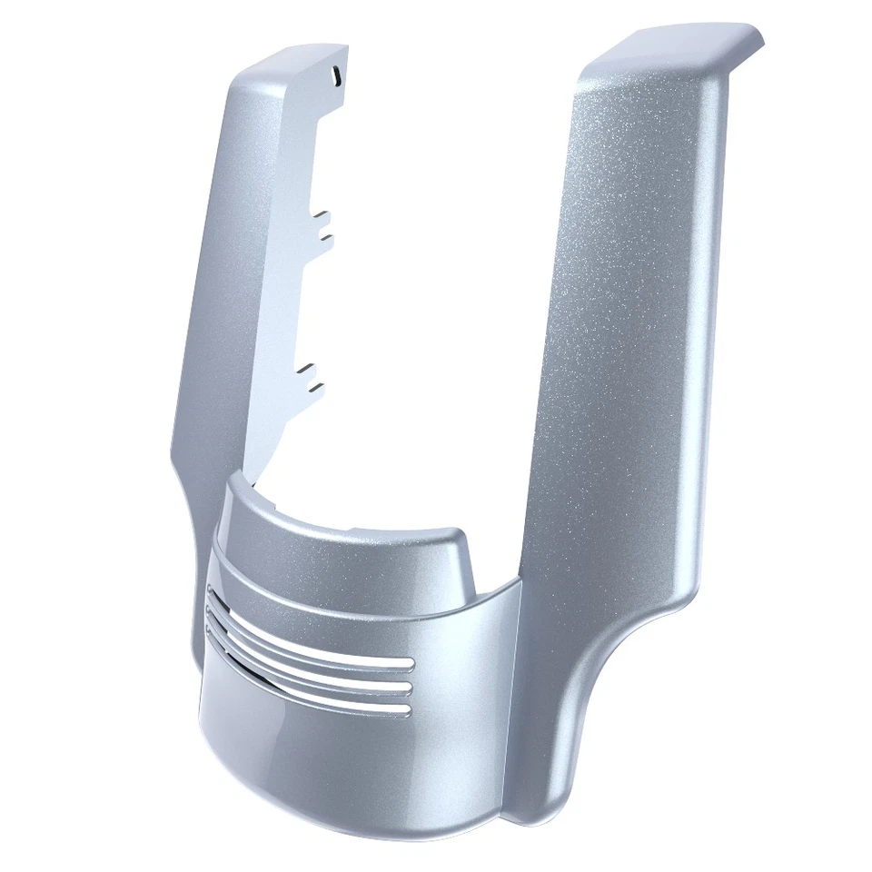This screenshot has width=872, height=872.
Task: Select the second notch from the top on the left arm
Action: click(325, 237)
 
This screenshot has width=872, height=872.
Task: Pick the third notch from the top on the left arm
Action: click(309, 369)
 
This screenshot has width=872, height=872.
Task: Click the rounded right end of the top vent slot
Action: click(406, 666)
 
